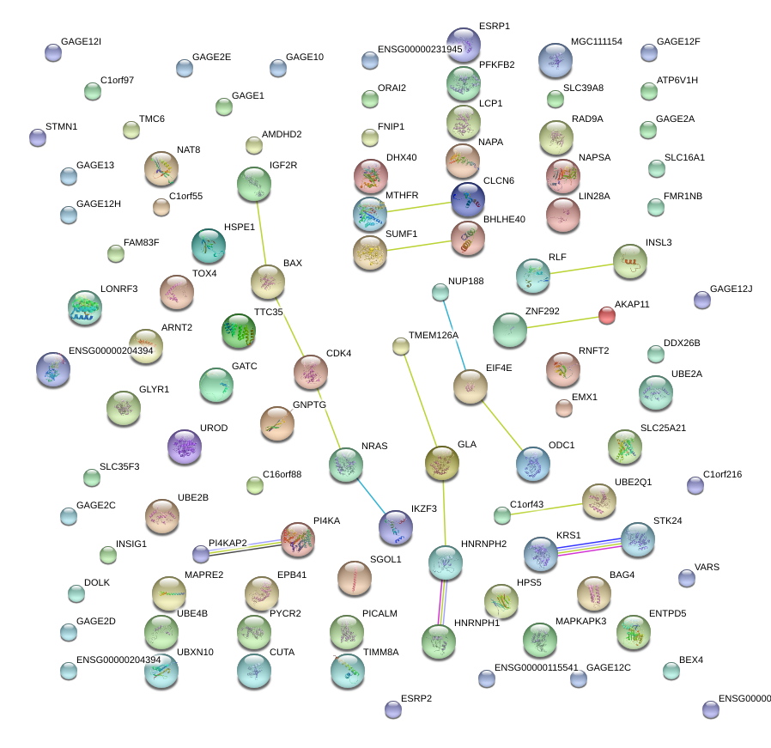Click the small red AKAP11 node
(x=606, y=315)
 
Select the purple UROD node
(x=184, y=447)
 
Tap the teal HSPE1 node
(x=207, y=246)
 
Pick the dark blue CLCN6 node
(x=467, y=198)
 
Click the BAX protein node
(x=267, y=282)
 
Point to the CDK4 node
(x=310, y=372)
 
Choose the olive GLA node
(x=442, y=463)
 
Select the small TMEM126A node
(x=401, y=346)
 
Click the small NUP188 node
(x=440, y=292)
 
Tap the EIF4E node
(x=470, y=387)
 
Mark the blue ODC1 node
(x=532, y=463)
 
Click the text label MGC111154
(x=596, y=41)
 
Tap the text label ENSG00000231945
(x=420, y=49)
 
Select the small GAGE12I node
(x=53, y=53)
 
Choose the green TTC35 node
(x=239, y=331)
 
